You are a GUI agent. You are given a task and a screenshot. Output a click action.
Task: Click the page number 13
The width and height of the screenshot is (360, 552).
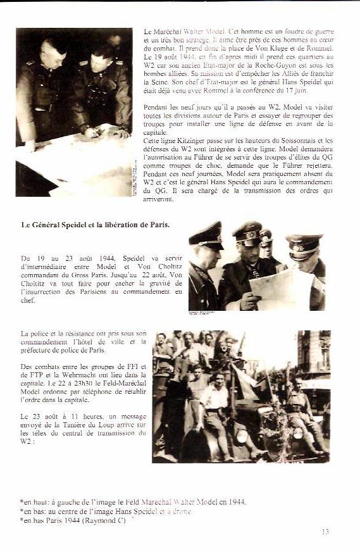click(x=325, y=532)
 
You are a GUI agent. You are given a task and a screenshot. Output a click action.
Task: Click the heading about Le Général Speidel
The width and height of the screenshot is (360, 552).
click(x=96, y=224)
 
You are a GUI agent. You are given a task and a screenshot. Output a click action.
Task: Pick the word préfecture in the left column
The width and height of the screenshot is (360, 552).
click(x=40, y=350)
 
